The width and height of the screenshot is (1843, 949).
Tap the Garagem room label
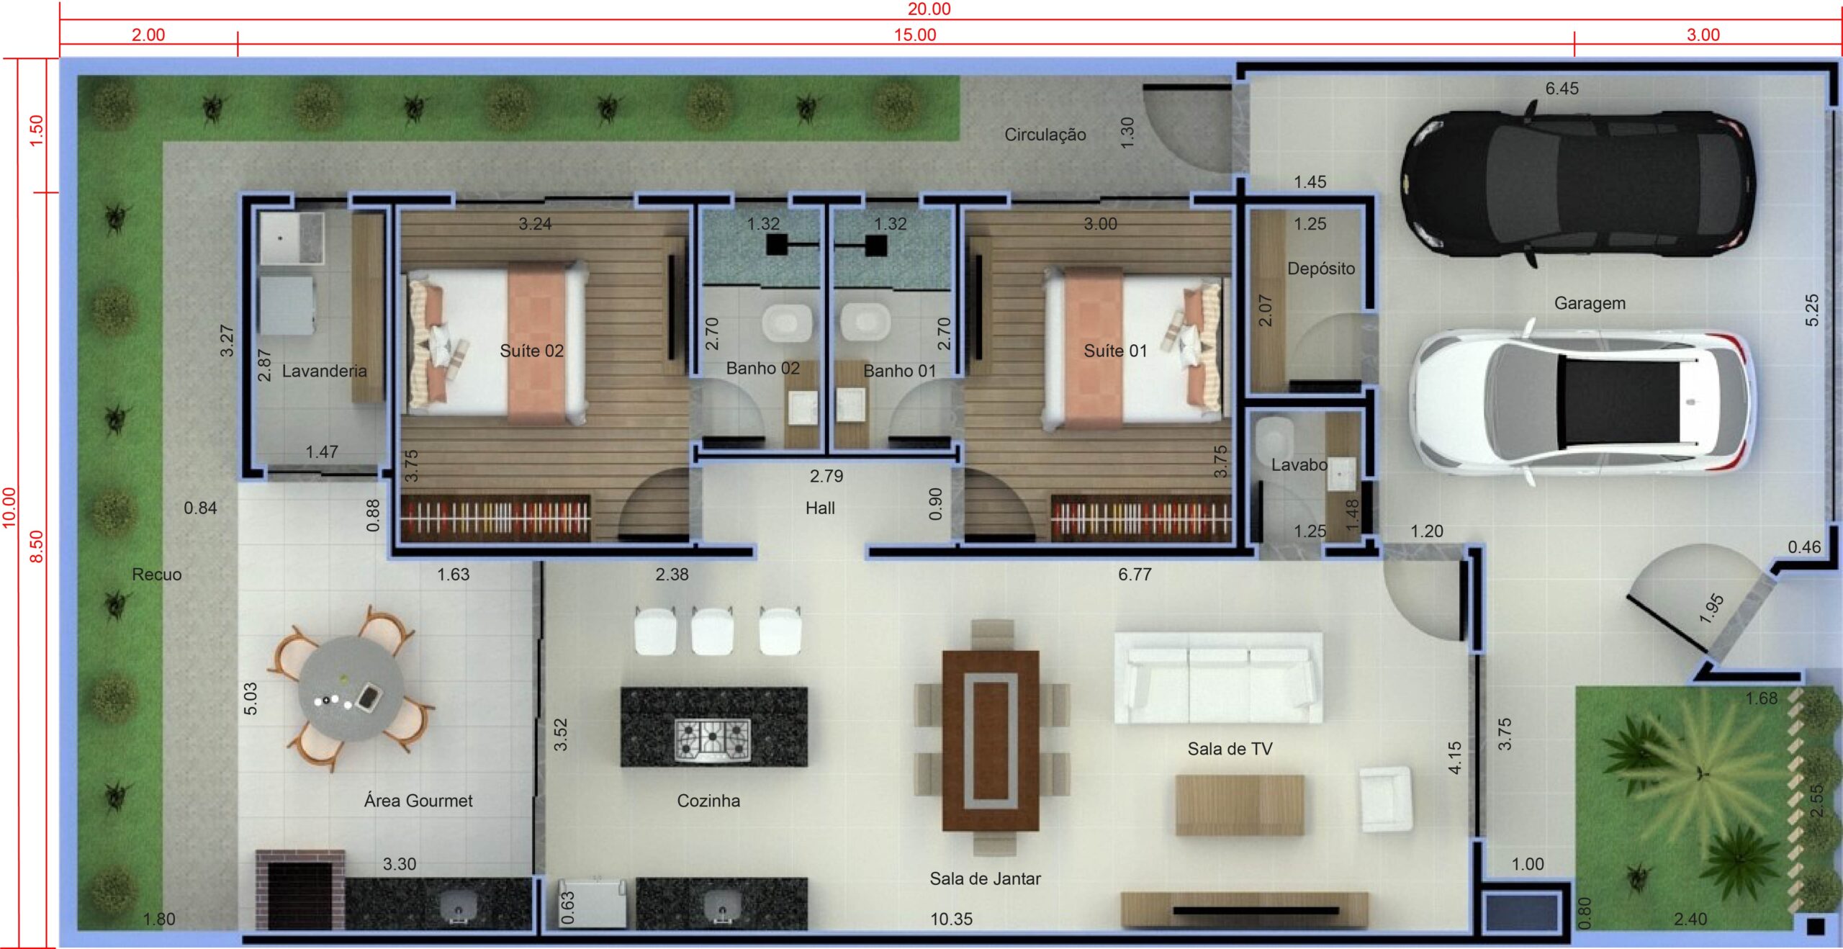[x=1590, y=303]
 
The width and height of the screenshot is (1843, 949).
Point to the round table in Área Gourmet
[x=351, y=688]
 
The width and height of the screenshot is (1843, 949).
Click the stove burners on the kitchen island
[x=712, y=738]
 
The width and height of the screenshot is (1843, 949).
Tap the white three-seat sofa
[x=1218, y=678]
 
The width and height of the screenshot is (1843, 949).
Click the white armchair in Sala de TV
[x=1385, y=799]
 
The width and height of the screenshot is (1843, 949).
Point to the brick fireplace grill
[x=299, y=890]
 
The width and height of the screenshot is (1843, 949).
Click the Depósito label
[x=1321, y=269]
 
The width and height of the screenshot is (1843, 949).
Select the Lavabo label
[x=1299, y=465]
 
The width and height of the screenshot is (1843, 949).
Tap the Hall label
[x=820, y=508]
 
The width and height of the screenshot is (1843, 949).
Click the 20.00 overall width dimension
[x=929, y=9]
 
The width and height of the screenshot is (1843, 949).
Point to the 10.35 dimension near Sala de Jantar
[x=951, y=919]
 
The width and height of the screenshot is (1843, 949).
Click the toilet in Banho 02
[x=786, y=323]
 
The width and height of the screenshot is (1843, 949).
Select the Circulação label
[x=1045, y=135]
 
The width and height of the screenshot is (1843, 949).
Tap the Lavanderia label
[x=324, y=371]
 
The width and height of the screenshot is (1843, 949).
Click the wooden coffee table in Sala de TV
[x=1240, y=804]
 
